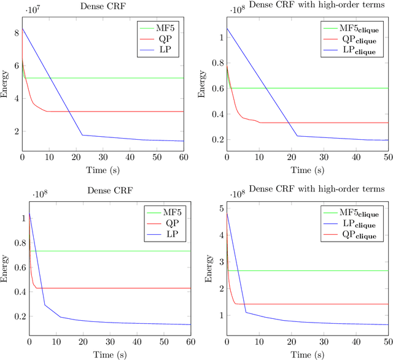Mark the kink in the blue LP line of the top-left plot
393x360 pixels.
(x=82, y=135)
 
